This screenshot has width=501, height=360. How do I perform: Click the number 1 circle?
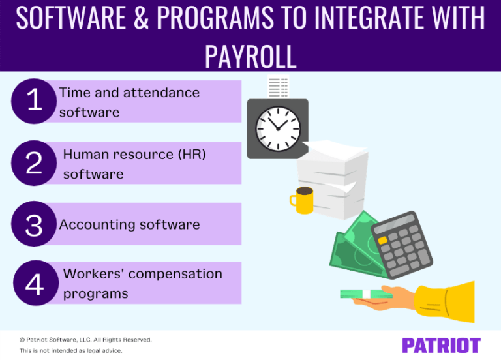[x=35, y=101]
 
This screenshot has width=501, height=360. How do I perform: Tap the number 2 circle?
[x=35, y=163]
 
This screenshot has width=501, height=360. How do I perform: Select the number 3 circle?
[x=34, y=224]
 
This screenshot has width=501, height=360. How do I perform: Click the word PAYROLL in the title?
[x=250, y=55]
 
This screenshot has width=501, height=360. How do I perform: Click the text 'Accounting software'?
[x=129, y=224]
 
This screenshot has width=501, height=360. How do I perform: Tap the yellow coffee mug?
[x=302, y=200]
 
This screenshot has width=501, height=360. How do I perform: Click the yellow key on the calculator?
[x=383, y=241]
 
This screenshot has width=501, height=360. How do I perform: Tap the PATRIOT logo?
[x=441, y=345]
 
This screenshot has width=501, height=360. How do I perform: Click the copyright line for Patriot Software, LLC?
[x=85, y=340]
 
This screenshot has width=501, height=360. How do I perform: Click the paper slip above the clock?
[x=279, y=87]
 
